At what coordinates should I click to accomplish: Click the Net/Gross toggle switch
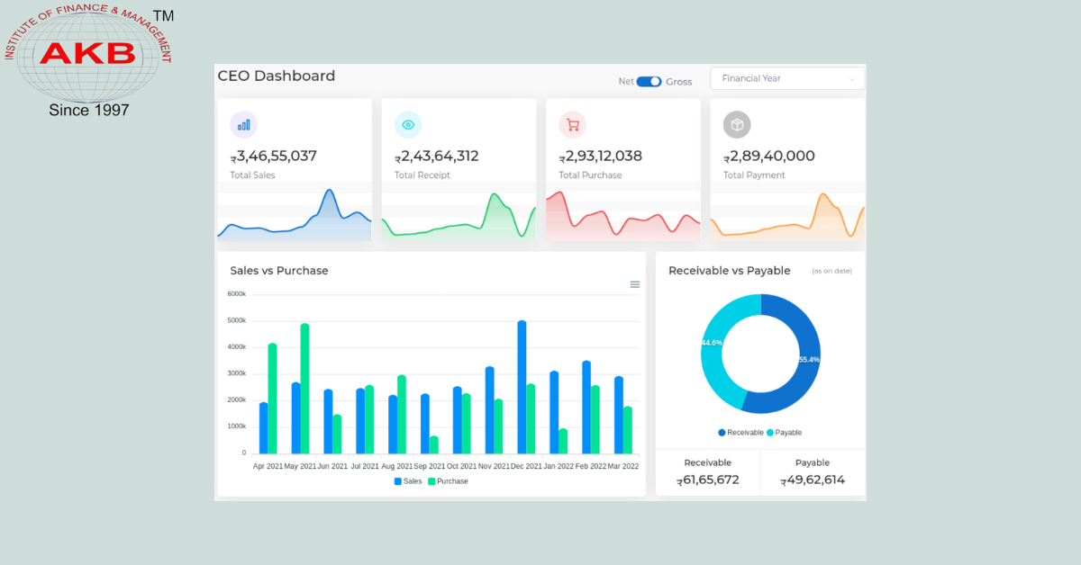(649, 81)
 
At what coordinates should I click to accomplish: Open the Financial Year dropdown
(787, 78)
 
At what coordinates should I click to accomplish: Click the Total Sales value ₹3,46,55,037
(274, 157)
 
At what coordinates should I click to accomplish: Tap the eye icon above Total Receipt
(408, 125)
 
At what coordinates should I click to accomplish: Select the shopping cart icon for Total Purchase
(572, 125)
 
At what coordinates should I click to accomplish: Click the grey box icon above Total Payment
(737, 125)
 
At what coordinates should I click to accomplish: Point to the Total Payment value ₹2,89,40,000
(769, 157)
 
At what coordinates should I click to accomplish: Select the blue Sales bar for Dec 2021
(522, 387)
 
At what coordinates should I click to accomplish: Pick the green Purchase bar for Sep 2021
(434, 444)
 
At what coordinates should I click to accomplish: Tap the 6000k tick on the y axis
(237, 294)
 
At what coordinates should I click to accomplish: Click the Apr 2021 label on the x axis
(268, 466)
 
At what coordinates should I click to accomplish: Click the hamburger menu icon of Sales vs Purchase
(634, 284)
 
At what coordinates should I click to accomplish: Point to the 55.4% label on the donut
(808, 360)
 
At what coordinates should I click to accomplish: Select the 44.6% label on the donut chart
(712, 343)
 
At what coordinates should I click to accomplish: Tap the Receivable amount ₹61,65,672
(708, 480)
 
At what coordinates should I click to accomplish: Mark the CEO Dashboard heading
(277, 76)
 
